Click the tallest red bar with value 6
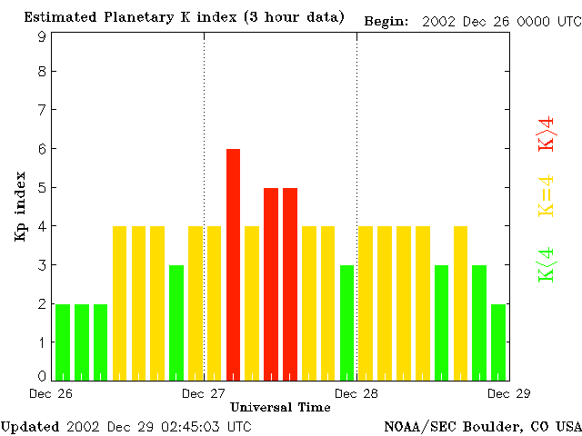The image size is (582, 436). (x=233, y=263)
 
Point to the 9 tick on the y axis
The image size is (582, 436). (x=42, y=36)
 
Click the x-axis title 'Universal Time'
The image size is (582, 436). (x=280, y=407)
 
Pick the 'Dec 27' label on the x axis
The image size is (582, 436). (x=204, y=393)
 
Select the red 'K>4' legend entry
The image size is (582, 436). (x=547, y=134)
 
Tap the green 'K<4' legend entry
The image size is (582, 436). (x=547, y=264)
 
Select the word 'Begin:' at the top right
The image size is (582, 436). (x=386, y=20)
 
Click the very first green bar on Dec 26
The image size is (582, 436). (x=63, y=342)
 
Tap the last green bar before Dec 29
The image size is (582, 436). (x=498, y=342)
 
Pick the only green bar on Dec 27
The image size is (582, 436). (x=346, y=322)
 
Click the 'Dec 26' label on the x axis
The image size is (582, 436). (x=51, y=393)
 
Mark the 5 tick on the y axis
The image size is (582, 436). (x=42, y=188)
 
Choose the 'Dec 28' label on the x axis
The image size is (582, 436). (x=356, y=393)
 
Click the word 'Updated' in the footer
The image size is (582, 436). (x=30, y=426)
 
